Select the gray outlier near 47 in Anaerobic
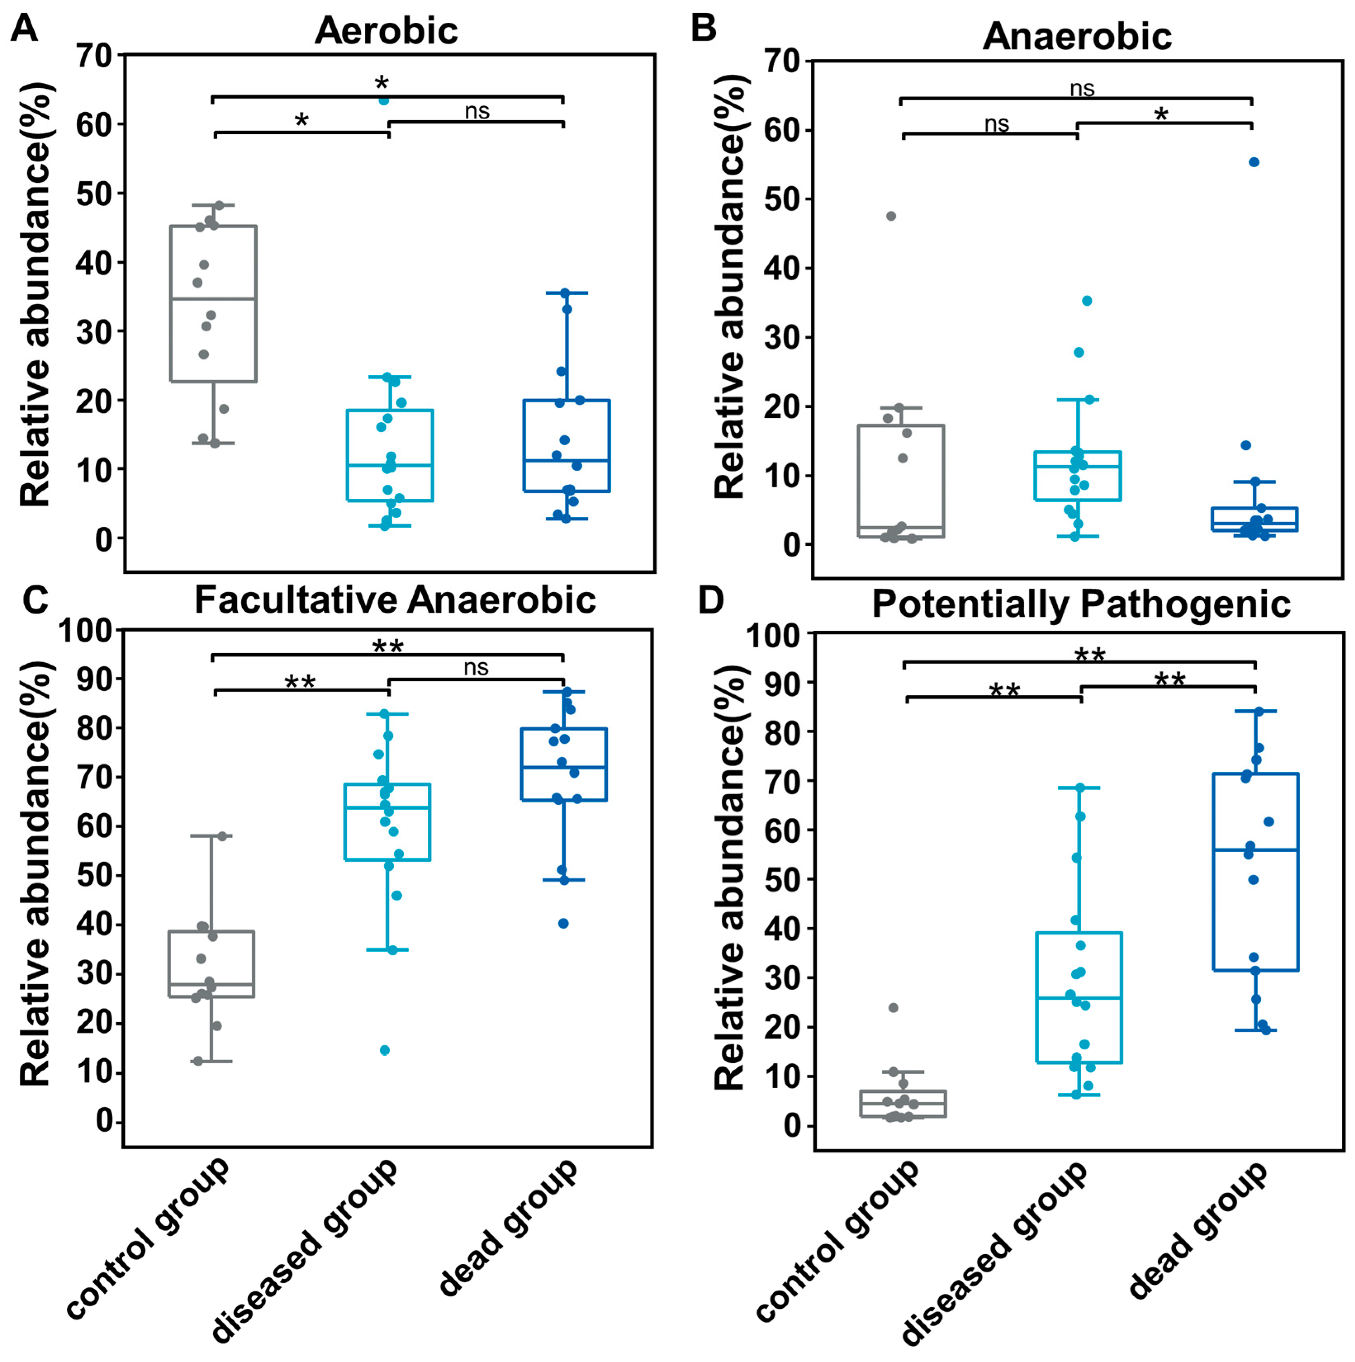tap(891, 216)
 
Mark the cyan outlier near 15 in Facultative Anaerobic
tap(385, 1050)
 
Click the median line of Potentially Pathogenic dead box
tap(1256, 850)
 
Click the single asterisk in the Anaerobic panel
tap(1161, 114)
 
